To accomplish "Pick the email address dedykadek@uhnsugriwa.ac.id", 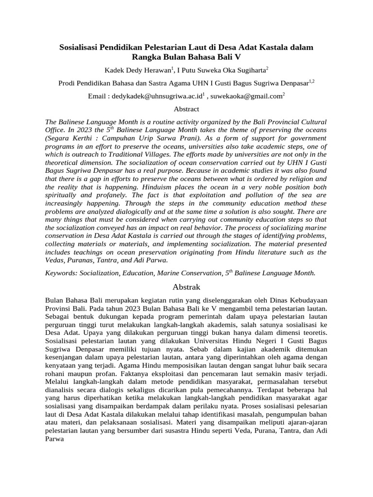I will point(156,97).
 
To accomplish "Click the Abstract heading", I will point(186,109).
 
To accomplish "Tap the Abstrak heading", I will point(186,287).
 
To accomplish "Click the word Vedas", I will point(54,261).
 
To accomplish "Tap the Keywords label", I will point(58,274).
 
